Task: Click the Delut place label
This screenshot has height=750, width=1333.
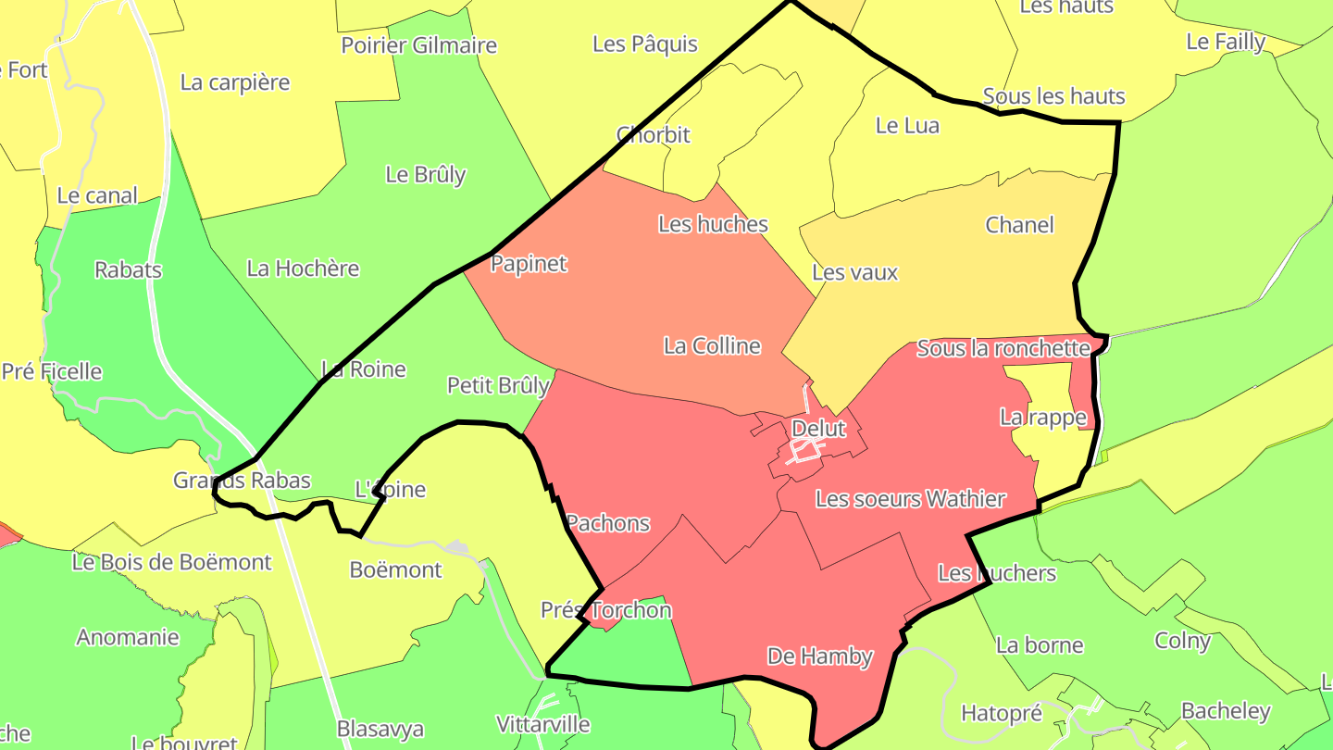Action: pyautogui.click(x=819, y=429)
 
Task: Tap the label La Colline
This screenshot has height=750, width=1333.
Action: pyautogui.click(x=712, y=346)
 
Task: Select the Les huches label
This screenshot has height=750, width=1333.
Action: pyautogui.click(x=713, y=224)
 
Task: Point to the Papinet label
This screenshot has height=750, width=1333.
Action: pyautogui.click(x=529, y=264)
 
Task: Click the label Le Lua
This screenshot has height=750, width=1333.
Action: pyautogui.click(x=907, y=126)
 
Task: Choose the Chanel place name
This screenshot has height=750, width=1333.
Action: pyautogui.click(x=1019, y=225)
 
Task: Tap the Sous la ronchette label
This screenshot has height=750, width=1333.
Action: pyautogui.click(x=1003, y=349)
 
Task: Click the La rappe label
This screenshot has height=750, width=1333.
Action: pyautogui.click(x=1042, y=418)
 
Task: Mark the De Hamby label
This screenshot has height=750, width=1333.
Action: pyautogui.click(x=820, y=656)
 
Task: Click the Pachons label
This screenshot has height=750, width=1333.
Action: pyautogui.click(x=608, y=523)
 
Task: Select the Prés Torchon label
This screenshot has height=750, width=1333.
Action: pyautogui.click(x=606, y=610)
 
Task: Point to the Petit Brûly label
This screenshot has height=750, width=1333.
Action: pyautogui.click(x=498, y=385)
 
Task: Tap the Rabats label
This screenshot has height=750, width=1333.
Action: pyautogui.click(x=128, y=270)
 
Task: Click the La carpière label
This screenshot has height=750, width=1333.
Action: pyautogui.click(x=235, y=82)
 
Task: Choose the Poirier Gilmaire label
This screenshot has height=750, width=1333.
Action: pyautogui.click(x=418, y=45)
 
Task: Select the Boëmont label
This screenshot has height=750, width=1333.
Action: pyautogui.click(x=396, y=569)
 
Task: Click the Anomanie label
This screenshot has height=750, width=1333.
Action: pyautogui.click(x=128, y=637)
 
